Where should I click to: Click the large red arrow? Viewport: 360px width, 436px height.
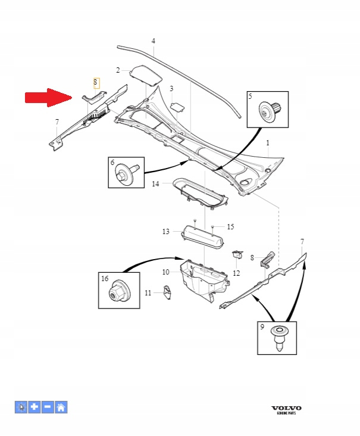pos(48,98)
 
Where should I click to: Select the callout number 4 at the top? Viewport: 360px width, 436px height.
pos(153,41)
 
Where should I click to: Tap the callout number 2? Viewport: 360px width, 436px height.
pos(118,70)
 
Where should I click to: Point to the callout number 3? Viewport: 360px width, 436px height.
pos(171,89)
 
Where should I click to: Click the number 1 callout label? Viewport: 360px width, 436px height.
pos(268,143)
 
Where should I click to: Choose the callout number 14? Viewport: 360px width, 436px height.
pos(155,184)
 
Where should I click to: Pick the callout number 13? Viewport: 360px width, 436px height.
pos(166,231)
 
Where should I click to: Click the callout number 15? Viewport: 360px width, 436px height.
pos(230,227)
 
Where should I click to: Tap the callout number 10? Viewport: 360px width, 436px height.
pos(166,272)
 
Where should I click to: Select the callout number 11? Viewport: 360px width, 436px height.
pos(148,292)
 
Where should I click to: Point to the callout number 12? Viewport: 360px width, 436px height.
pos(236,273)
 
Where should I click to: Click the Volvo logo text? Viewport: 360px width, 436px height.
pos(286,408)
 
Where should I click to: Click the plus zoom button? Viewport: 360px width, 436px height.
pos(35,407)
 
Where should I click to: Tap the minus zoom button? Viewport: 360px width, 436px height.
pos(48,407)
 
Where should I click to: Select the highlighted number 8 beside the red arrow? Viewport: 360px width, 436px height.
pos(95,83)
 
